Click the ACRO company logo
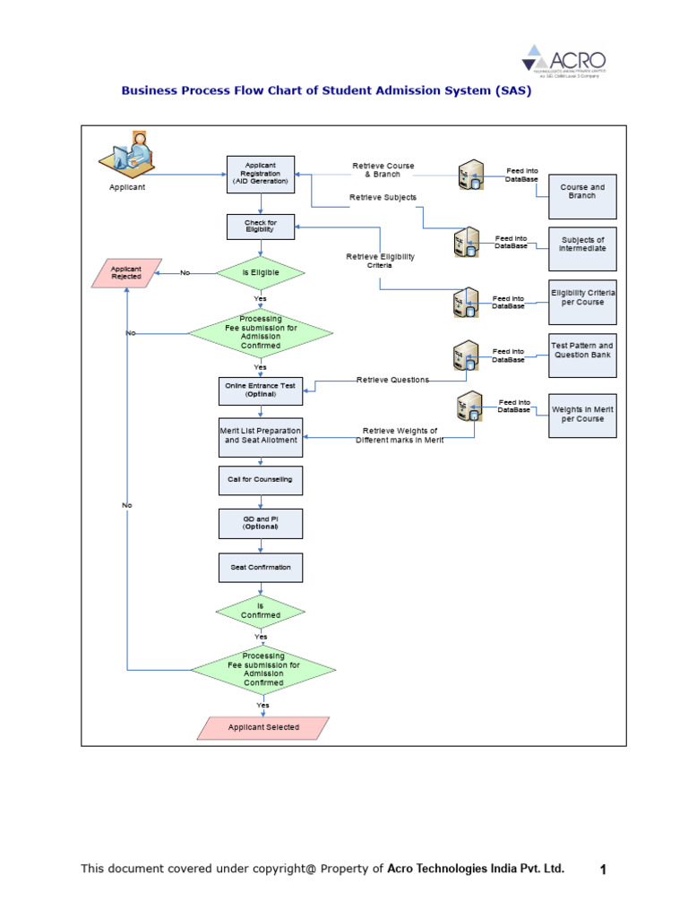pos(564,60)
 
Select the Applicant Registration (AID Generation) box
pos(260,173)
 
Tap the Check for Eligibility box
pos(260,226)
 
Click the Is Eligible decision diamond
pos(260,272)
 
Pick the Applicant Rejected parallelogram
pos(126,273)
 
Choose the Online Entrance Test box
pos(260,390)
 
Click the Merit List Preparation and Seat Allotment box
pos(260,435)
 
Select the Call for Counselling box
pos(260,480)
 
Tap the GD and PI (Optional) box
pos(260,523)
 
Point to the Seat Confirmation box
pos(260,568)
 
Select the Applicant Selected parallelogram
pos(263,727)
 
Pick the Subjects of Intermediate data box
pos(582,244)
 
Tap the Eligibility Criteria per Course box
pos(582,298)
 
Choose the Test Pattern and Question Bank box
pos(582,350)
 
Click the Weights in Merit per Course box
pos(582,414)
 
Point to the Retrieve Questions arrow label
pos(392,380)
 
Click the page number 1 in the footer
pos(603,870)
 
